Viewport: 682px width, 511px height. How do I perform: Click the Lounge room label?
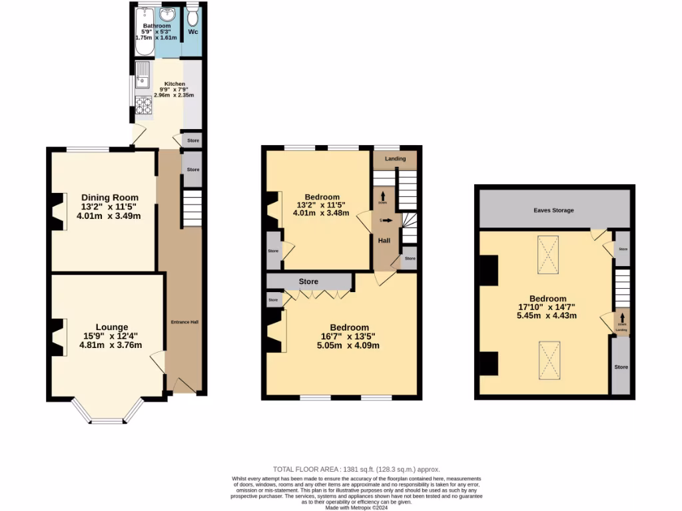112,327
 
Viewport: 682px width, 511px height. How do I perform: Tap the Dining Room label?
110,197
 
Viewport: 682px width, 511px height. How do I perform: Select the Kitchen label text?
165,84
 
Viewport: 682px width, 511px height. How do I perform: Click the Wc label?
192,32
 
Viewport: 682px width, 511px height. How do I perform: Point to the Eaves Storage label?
553,210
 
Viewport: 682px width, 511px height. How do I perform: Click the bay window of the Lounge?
107,419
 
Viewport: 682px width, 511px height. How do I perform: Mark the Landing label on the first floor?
395,158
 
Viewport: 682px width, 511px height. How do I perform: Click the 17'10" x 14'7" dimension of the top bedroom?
547,307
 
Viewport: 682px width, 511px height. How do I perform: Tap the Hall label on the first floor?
384,240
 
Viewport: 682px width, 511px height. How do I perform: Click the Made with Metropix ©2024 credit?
356,507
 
